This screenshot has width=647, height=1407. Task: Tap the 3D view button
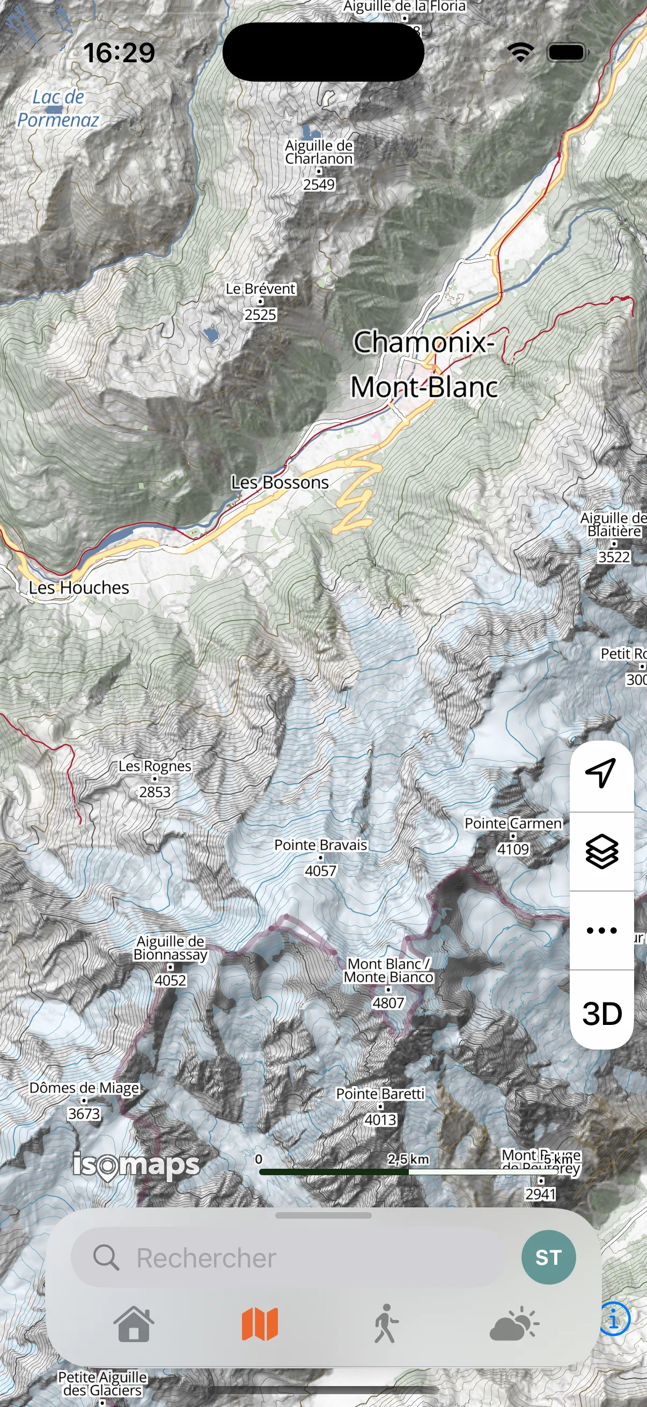(602, 1014)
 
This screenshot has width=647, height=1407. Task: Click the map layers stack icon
(602, 852)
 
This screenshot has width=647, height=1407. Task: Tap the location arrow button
(601, 772)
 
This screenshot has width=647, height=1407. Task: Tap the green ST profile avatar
(548, 1257)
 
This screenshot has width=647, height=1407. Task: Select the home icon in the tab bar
(134, 1324)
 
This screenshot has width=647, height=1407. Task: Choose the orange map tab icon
(260, 1324)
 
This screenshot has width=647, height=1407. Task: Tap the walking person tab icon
(386, 1324)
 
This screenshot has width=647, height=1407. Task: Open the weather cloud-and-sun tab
(513, 1324)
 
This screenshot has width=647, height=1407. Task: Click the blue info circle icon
(615, 1320)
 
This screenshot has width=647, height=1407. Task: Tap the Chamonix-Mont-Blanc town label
(424, 364)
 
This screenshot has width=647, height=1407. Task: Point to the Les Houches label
(79, 588)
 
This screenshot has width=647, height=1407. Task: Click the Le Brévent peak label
(260, 289)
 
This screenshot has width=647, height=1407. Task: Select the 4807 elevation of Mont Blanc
(388, 1003)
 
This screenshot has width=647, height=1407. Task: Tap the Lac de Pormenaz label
(58, 109)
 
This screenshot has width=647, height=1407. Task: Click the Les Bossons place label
(280, 483)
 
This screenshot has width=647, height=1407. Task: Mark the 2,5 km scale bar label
(408, 1159)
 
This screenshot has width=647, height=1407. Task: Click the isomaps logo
(136, 1166)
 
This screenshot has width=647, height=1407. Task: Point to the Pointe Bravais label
(320, 845)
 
